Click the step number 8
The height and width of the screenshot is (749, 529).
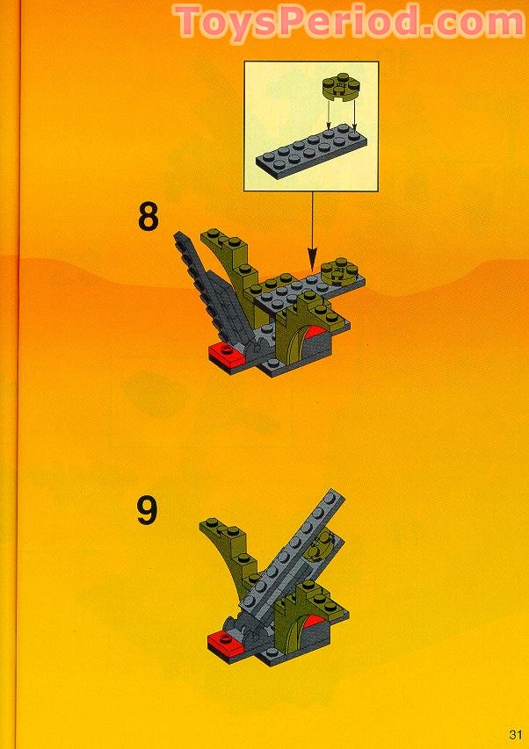tap(149, 217)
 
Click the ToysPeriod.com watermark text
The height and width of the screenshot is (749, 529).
tap(350, 22)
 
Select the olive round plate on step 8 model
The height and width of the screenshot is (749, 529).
tap(338, 273)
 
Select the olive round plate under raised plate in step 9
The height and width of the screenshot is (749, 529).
tap(323, 546)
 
